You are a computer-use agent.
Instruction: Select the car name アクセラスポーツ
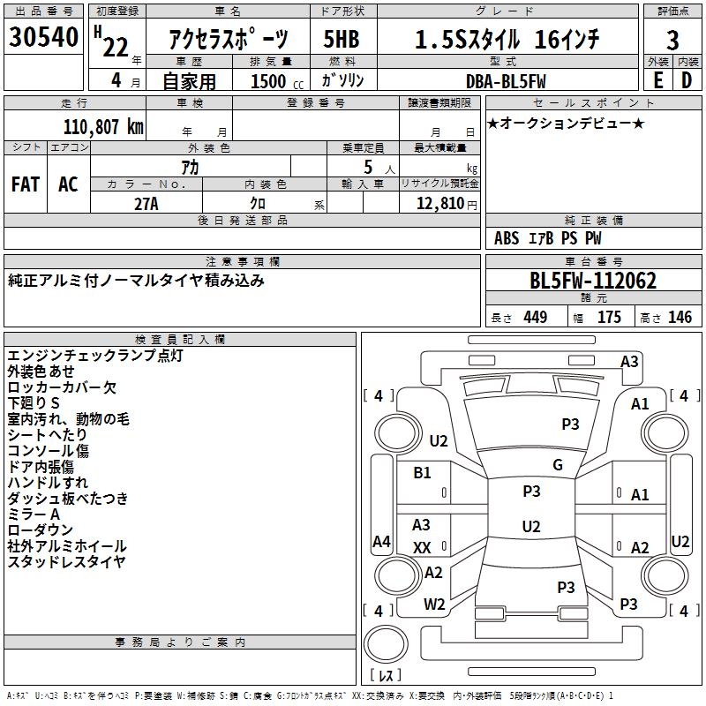point(228,39)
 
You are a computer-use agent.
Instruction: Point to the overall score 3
point(672,39)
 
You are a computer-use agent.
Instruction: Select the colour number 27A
point(146,204)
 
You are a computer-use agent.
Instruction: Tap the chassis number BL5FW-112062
point(593,282)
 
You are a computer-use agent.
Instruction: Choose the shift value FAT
point(26,184)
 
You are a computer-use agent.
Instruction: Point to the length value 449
point(535,318)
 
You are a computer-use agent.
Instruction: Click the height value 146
point(680,318)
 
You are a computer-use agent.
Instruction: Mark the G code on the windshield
point(558,465)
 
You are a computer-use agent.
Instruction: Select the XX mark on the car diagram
point(422,548)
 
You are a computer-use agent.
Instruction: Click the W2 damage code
point(434,605)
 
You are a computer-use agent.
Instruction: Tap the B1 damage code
point(423,473)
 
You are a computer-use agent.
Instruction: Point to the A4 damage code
point(381,542)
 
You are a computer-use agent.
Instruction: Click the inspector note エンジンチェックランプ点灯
point(95,356)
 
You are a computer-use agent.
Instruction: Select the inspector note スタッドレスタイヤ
point(66,562)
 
